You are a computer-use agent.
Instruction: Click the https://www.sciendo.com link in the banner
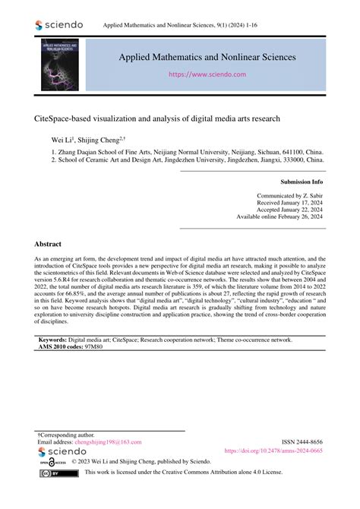click(209, 75)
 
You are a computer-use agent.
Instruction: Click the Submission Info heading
click(302, 183)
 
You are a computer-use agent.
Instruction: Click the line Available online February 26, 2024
click(279, 217)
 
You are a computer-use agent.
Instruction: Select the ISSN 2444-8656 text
click(301, 441)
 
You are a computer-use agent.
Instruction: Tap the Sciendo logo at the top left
click(58, 26)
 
